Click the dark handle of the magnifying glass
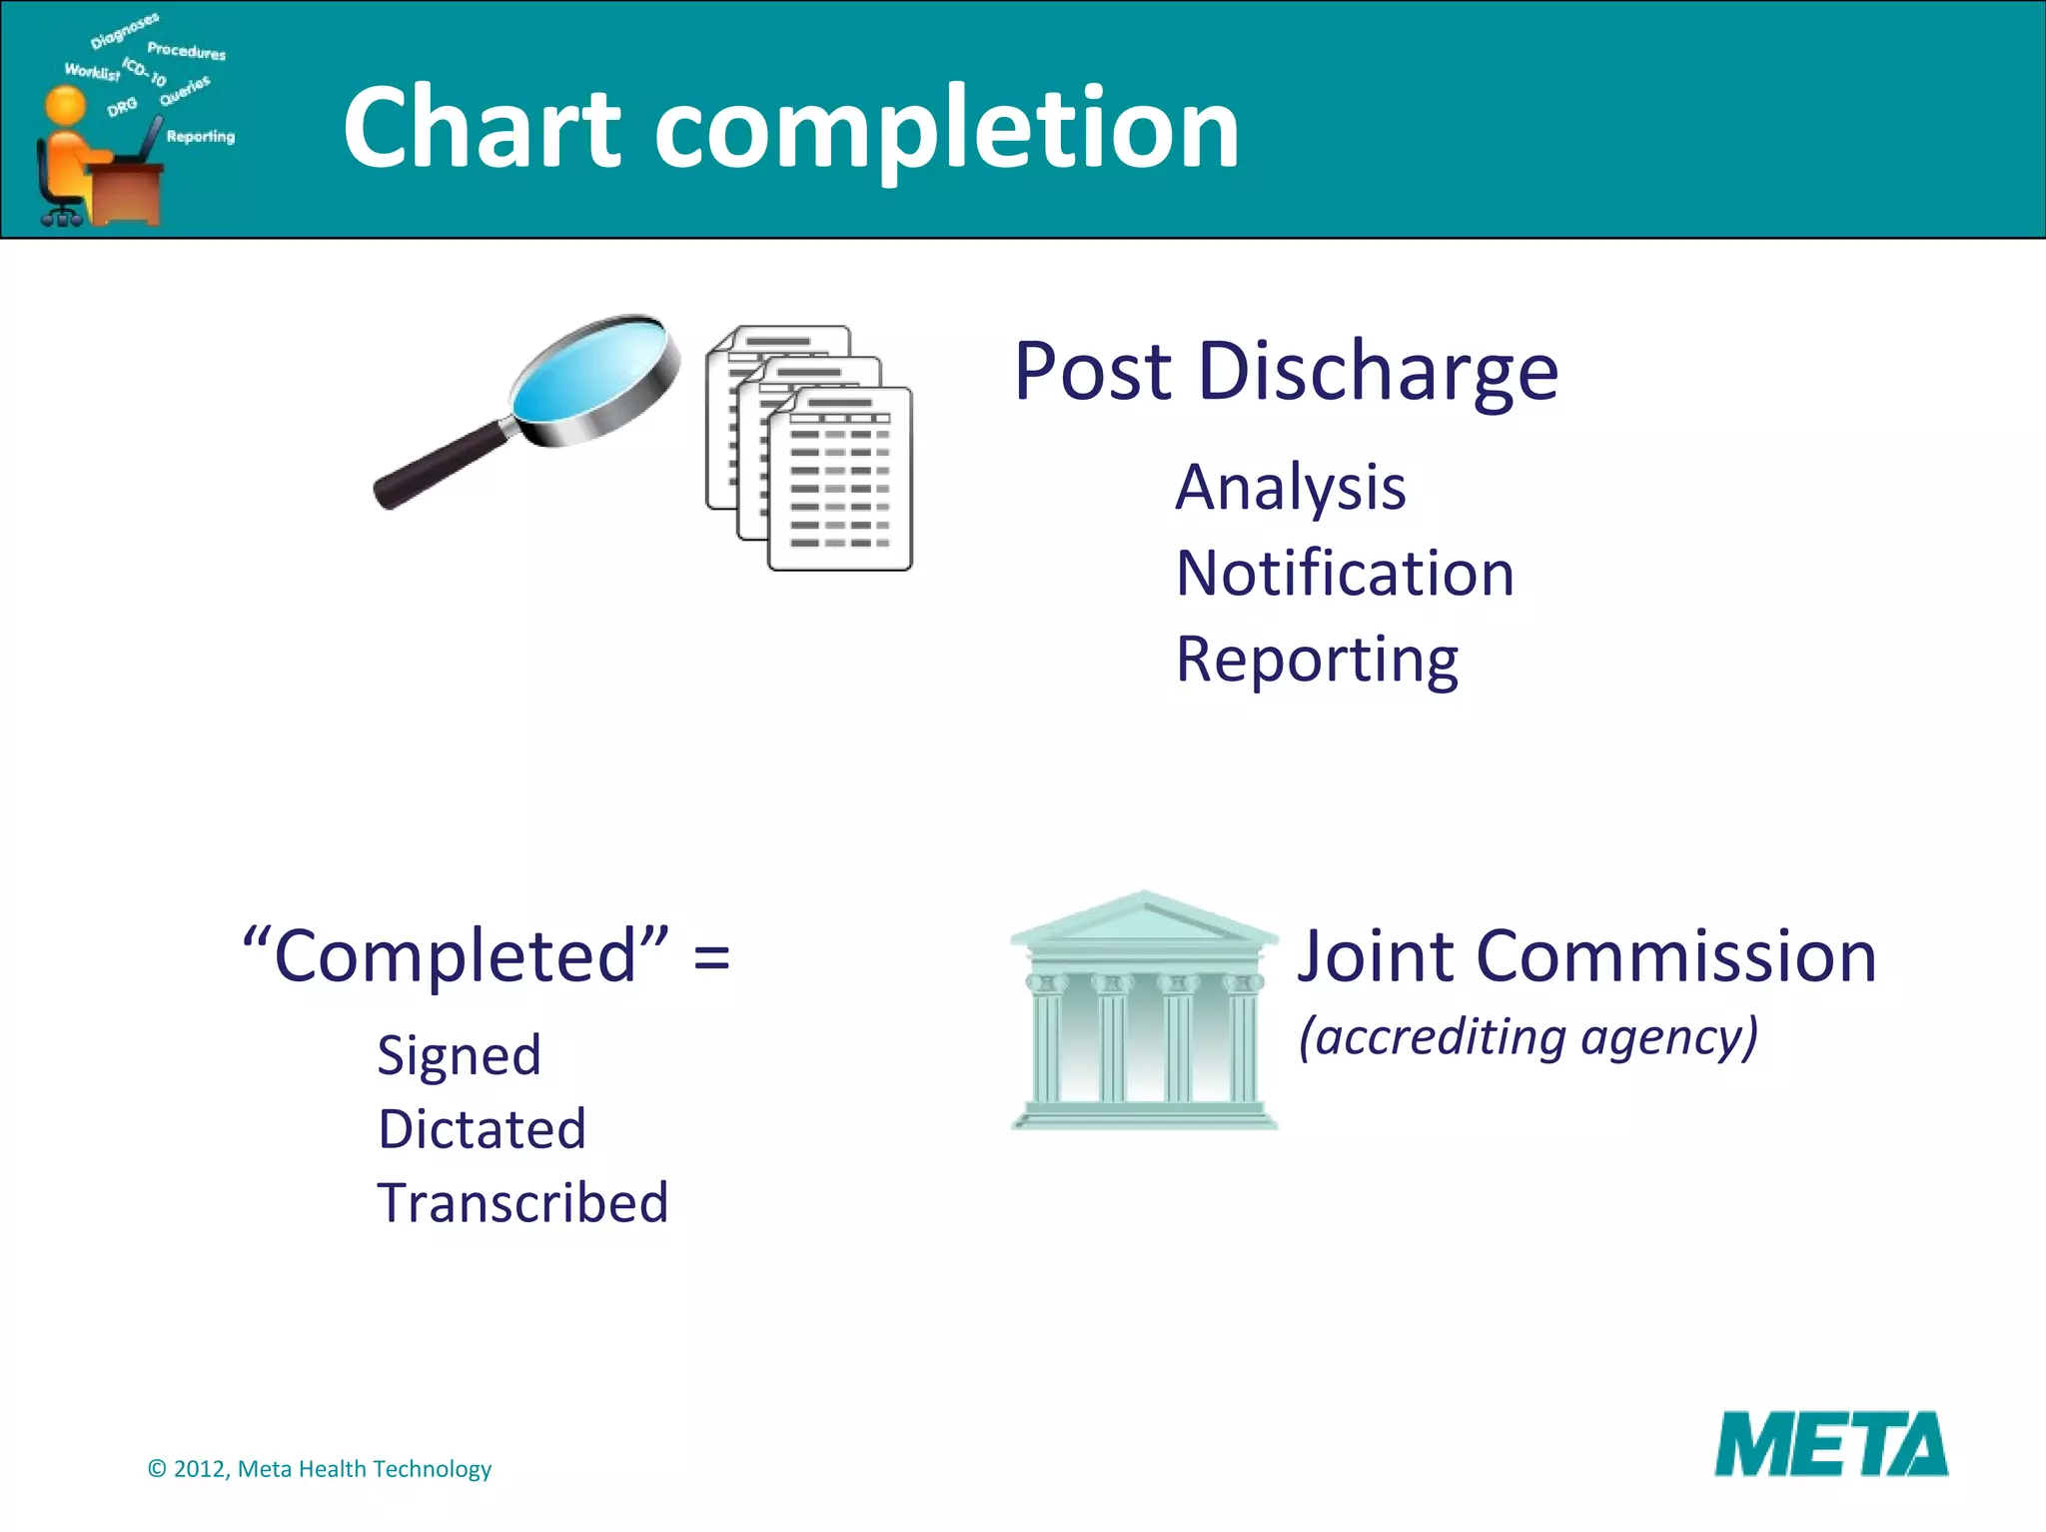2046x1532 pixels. point(440,466)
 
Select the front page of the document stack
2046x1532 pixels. point(839,480)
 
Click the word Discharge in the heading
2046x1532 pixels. point(1378,372)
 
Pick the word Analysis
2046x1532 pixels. point(1290,488)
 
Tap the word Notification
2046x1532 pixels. point(1345,574)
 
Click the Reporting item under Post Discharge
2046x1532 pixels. point(1317,660)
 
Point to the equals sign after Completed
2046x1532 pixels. point(711,957)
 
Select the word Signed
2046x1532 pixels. point(459,1055)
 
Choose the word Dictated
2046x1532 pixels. point(482,1129)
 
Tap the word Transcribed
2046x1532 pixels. point(522,1202)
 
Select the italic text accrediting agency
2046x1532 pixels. point(1529,1036)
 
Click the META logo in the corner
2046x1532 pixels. point(1830,1444)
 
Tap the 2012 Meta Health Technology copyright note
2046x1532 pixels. point(320,1468)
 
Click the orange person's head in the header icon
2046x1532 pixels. point(66,105)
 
